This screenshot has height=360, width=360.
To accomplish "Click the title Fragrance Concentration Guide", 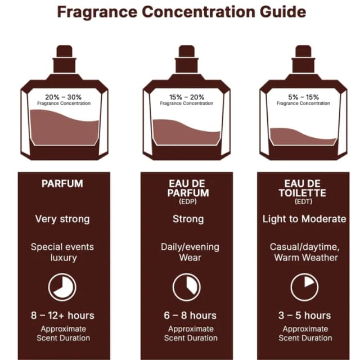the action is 181,12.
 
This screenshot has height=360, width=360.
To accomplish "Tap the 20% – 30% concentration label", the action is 64,97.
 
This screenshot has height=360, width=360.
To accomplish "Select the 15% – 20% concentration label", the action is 187,97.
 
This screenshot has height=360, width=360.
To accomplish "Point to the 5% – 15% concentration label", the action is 303,97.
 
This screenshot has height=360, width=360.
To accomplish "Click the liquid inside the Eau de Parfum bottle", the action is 186,133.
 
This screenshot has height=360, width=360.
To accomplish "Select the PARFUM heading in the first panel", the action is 62,184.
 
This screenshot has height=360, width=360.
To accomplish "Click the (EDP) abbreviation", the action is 188,201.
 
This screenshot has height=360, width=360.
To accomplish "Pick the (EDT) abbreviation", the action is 303,201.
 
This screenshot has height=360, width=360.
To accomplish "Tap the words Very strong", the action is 62,219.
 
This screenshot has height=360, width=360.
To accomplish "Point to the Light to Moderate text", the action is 304,219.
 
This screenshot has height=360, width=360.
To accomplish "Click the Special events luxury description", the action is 62,253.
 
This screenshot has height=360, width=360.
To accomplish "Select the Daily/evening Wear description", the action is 190,253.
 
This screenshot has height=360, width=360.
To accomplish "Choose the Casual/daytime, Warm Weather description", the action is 305,253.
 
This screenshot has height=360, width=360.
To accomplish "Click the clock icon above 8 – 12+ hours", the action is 62,287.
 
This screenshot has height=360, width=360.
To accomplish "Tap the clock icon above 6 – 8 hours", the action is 187,287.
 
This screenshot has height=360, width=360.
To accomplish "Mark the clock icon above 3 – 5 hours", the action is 305,287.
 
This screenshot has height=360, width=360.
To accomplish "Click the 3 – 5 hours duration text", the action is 305,316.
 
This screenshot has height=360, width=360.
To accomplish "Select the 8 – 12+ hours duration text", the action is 62,316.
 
